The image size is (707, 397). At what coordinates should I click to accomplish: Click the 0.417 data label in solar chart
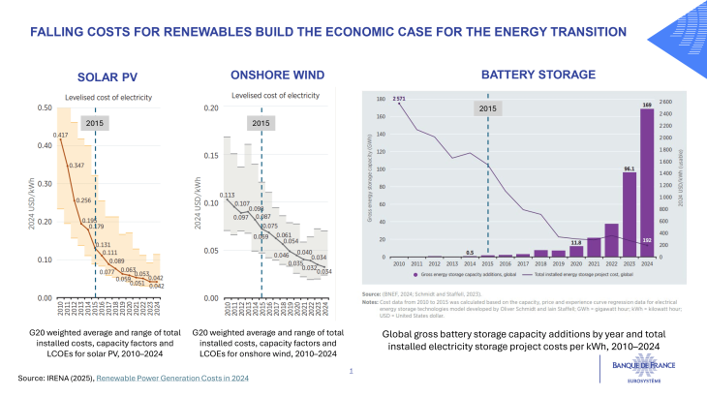coord(60,135)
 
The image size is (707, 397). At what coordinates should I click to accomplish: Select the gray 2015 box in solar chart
coord(95,123)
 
